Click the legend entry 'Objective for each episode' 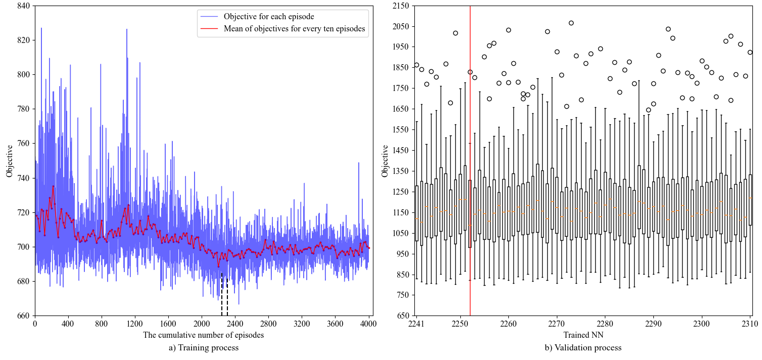(268, 17)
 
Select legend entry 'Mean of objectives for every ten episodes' (294, 29)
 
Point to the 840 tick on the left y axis (23, 6)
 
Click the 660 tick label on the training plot (23, 316)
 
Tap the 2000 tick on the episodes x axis (202, 323)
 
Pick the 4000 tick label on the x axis (368, 323)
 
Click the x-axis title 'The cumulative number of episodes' (203, 335)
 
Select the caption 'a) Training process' (203, 348)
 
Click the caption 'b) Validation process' (583, 348)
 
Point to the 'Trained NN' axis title (583, 335)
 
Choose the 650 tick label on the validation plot (401, 316)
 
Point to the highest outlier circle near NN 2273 (571, 23)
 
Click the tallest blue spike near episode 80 (41, 28)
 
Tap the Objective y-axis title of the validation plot (386, 161)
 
